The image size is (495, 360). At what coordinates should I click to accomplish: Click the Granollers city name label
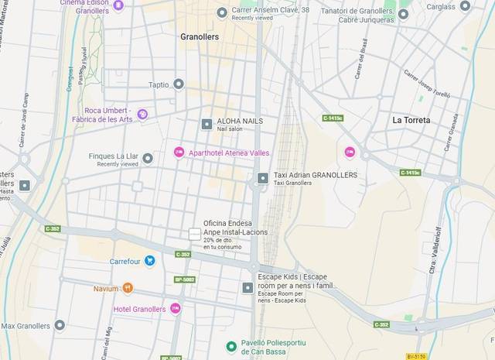(200, 36)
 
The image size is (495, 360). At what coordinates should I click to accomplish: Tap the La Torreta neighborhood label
(411, 120)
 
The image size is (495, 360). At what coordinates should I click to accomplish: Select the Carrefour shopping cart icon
(150, 261)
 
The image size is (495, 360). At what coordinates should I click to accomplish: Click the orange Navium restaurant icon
(128, 288)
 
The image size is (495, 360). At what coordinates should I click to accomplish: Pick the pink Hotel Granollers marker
(176, 309)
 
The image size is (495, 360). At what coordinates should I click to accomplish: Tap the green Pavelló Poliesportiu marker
(230, 346)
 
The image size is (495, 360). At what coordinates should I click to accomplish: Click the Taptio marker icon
(179, 84)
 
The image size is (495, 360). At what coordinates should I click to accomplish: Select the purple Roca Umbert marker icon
(142, 114)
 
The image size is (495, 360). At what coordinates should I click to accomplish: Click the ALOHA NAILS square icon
(207, 124)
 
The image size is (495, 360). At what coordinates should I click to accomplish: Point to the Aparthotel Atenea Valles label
(229, 153)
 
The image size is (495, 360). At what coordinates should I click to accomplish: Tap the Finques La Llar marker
(148, 158)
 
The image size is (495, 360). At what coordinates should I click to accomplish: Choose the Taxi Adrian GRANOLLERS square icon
(263, 178)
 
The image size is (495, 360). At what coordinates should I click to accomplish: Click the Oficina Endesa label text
(228, 228)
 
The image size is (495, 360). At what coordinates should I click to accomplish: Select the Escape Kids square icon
(247, 287)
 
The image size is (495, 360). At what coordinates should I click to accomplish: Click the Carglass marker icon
(465, 6)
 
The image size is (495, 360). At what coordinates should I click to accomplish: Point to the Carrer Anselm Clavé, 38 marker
(223, 12)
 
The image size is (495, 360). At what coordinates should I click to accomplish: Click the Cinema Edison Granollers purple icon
(118, 6)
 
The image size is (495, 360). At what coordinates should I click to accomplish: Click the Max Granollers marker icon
(60, 325)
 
